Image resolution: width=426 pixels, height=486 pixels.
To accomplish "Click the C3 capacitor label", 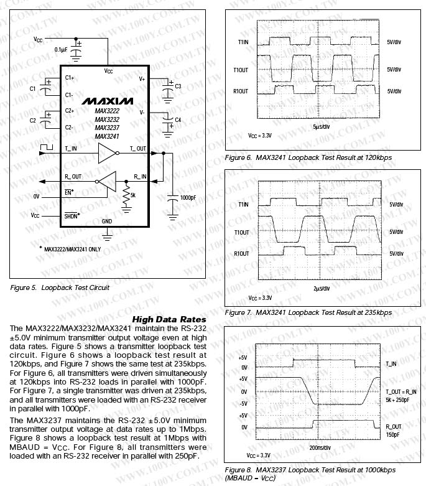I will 178,86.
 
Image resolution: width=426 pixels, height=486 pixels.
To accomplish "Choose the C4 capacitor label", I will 178,119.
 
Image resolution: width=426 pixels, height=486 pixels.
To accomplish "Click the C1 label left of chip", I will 33,88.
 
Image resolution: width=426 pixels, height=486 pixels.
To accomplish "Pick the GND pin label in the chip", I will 107,221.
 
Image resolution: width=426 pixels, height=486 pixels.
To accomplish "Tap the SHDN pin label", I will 73,215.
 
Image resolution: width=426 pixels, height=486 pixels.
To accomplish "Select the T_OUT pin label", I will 137,149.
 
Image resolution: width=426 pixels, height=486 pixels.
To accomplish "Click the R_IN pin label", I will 140,177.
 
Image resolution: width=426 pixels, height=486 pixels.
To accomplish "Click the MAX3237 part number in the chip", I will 107,128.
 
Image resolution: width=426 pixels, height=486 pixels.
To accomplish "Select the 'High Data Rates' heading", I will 169,319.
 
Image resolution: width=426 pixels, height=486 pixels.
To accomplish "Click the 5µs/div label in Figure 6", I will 321,127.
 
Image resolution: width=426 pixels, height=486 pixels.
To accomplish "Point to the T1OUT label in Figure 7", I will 241,232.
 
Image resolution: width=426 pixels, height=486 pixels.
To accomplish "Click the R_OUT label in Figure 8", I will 394,427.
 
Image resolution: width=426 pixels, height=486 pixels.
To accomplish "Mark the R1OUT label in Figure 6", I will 241,91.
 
